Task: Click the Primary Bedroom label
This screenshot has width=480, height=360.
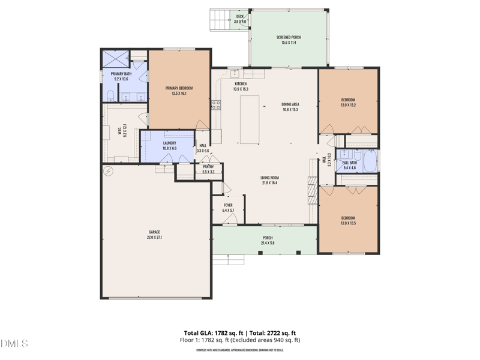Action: click(179, 88)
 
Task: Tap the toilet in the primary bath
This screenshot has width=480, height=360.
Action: click(110, 96)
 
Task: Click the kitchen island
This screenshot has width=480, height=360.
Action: click(249, 119)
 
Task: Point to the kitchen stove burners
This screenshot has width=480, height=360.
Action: click(216, 104)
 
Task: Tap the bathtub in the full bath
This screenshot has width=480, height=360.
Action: click(368, 161)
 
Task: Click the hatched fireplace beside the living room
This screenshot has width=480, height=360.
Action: click(311, 191)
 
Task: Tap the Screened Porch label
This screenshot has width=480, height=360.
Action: click(289, 37)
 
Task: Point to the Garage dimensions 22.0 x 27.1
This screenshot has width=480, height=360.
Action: click(154, 237)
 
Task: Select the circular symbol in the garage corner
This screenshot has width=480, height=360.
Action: click(109, 172)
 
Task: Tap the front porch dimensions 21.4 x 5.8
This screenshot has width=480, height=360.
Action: click(267, 242)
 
